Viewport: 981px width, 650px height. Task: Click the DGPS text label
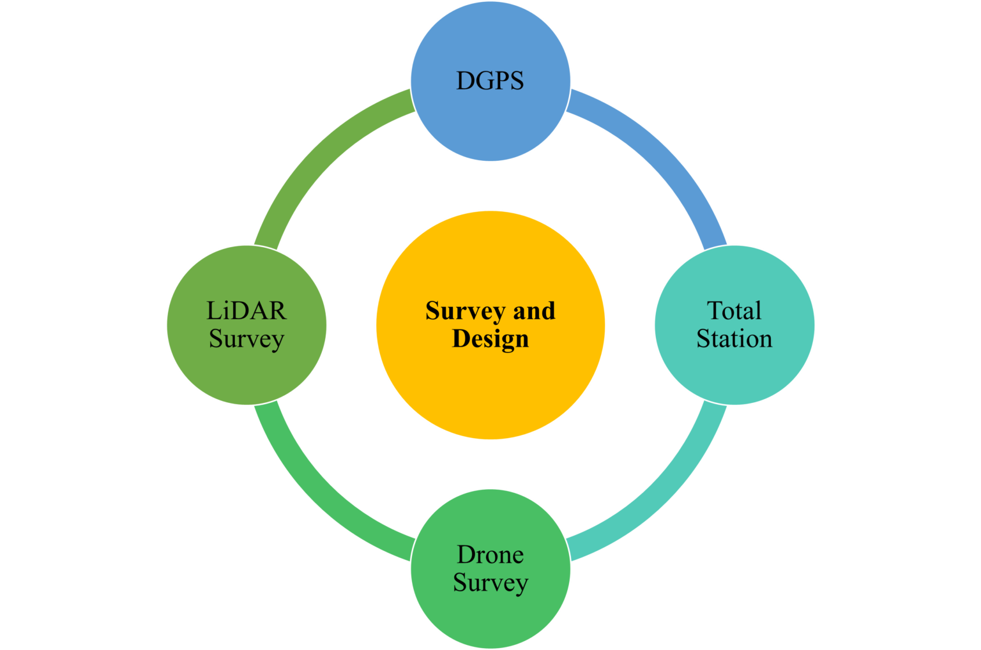tap(490, 81)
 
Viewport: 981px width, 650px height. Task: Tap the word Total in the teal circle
tap(734, 311)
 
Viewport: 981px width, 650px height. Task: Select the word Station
tap(734, 338)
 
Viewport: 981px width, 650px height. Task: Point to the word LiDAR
tap(247, 311)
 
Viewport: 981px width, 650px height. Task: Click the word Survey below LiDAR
tap(247, 339)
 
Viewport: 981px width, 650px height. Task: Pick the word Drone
tap(490, 555)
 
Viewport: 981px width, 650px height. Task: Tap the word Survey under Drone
tap(490, 583)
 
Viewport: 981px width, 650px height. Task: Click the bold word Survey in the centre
tap(464, 311)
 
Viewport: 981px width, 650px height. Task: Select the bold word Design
tap(490, 338)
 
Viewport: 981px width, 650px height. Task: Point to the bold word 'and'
tap(535, 311)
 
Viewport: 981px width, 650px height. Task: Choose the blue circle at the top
tap(490, 121)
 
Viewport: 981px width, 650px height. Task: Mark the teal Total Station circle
tap(734, 370)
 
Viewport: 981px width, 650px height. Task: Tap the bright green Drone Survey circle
tap(490, 613)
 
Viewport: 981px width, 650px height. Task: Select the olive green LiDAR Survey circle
tap(247, 374)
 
